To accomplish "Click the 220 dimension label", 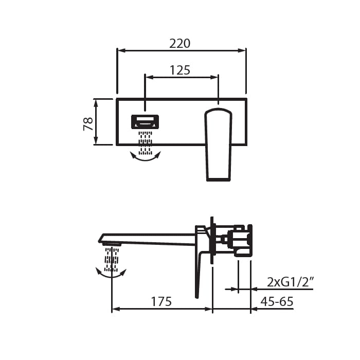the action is click(180, 44).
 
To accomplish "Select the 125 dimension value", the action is click(180, 70).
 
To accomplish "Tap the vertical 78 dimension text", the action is click(88, 124).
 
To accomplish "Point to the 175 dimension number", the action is click(161, 301).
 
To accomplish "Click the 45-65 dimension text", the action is click(277, 301).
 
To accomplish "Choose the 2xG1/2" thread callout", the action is click(290, 282).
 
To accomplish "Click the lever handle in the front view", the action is click(219, 145).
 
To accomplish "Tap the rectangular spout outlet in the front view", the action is click(145, 122).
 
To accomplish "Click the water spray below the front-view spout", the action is click(145, 142).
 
